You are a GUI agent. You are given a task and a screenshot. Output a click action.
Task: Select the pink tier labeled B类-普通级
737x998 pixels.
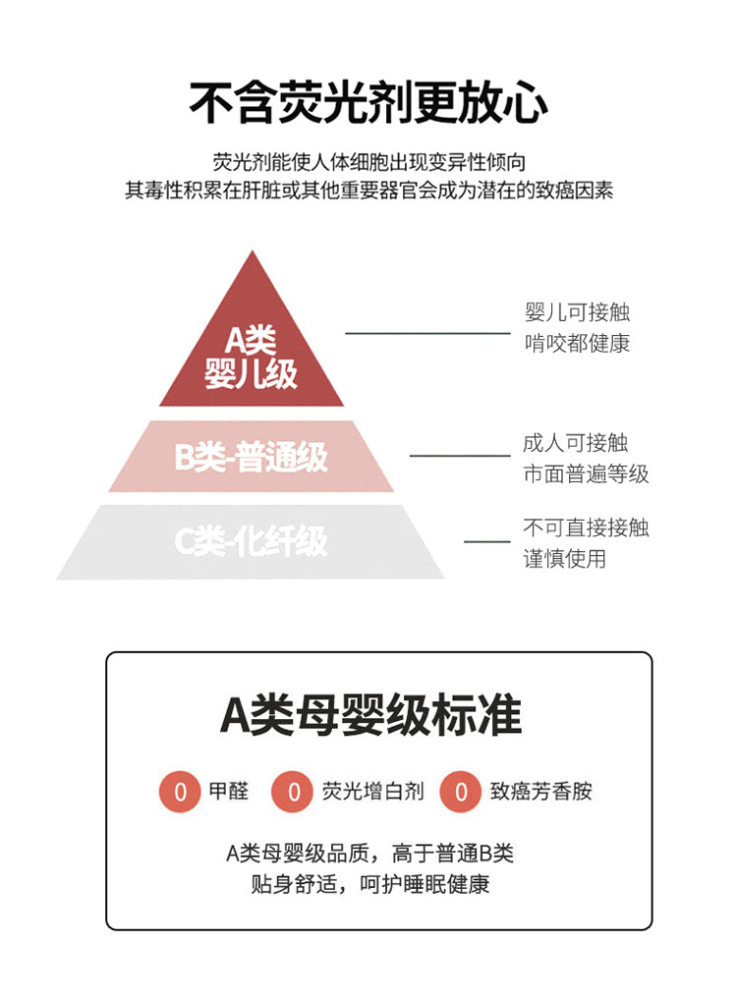pos(252,458)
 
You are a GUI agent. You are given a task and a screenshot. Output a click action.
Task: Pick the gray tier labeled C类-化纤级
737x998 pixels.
pos(252,541)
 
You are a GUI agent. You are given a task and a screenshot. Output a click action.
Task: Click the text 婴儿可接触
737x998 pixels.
pos(577,312)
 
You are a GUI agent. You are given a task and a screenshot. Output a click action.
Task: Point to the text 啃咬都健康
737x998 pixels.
pos(577,343)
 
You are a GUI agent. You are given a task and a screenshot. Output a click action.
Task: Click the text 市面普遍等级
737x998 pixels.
pos(586,474)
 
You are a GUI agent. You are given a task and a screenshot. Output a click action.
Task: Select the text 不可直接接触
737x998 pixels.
pos(586,528)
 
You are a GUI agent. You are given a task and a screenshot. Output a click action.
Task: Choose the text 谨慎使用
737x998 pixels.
pos(564,559)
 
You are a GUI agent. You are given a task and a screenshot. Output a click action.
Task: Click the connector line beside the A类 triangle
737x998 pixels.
pos(427,333)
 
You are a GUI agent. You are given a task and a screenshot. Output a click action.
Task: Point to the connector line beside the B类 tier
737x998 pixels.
pos(459,455)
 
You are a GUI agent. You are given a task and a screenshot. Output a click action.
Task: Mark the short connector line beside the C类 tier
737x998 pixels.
pos(486,541)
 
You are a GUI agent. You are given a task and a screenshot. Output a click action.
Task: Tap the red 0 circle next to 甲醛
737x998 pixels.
pos(179,792)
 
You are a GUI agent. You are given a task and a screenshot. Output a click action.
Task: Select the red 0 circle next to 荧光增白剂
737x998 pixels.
pos(293,792)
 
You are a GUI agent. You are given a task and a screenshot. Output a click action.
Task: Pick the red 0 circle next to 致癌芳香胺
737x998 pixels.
pos(461,792)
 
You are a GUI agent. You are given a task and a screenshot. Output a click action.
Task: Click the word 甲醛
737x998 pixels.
pos(228,791)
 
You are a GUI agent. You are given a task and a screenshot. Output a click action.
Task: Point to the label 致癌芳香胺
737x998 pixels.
pos(540,791)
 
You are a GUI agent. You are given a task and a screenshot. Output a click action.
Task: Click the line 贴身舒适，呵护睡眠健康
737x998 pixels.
pos(369,883)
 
